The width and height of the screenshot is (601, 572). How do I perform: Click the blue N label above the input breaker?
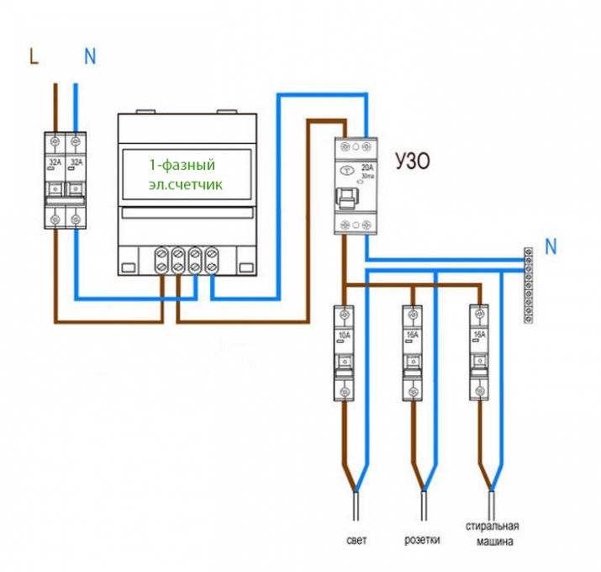point(90,56)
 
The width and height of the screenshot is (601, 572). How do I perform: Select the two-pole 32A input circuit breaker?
point(66,179)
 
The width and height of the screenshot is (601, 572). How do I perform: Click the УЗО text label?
point(413,160)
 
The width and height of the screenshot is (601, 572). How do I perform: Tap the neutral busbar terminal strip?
point(529,284)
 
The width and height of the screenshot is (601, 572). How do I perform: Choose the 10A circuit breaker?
point(344,352)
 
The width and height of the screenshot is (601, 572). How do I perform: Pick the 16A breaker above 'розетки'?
point(411,352)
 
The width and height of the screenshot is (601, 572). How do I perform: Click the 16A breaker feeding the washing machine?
point(478,352)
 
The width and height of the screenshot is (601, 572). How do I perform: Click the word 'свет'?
point(356,539)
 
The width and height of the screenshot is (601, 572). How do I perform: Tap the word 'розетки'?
point(423,539)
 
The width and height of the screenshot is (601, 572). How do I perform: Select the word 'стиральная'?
point(490,527)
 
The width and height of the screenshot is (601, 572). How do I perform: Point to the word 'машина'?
point(491,542)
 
